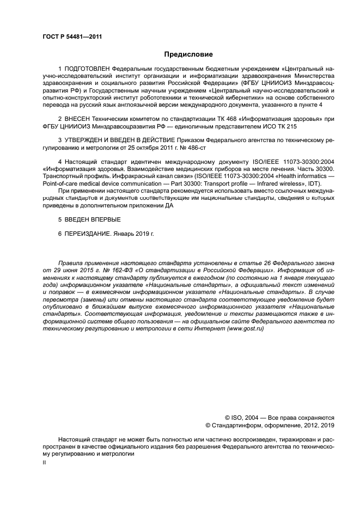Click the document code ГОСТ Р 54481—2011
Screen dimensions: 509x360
pyautogui.click(x=72, y=36)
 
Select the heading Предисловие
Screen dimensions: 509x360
pyautogui.click(x=188, y=54)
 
